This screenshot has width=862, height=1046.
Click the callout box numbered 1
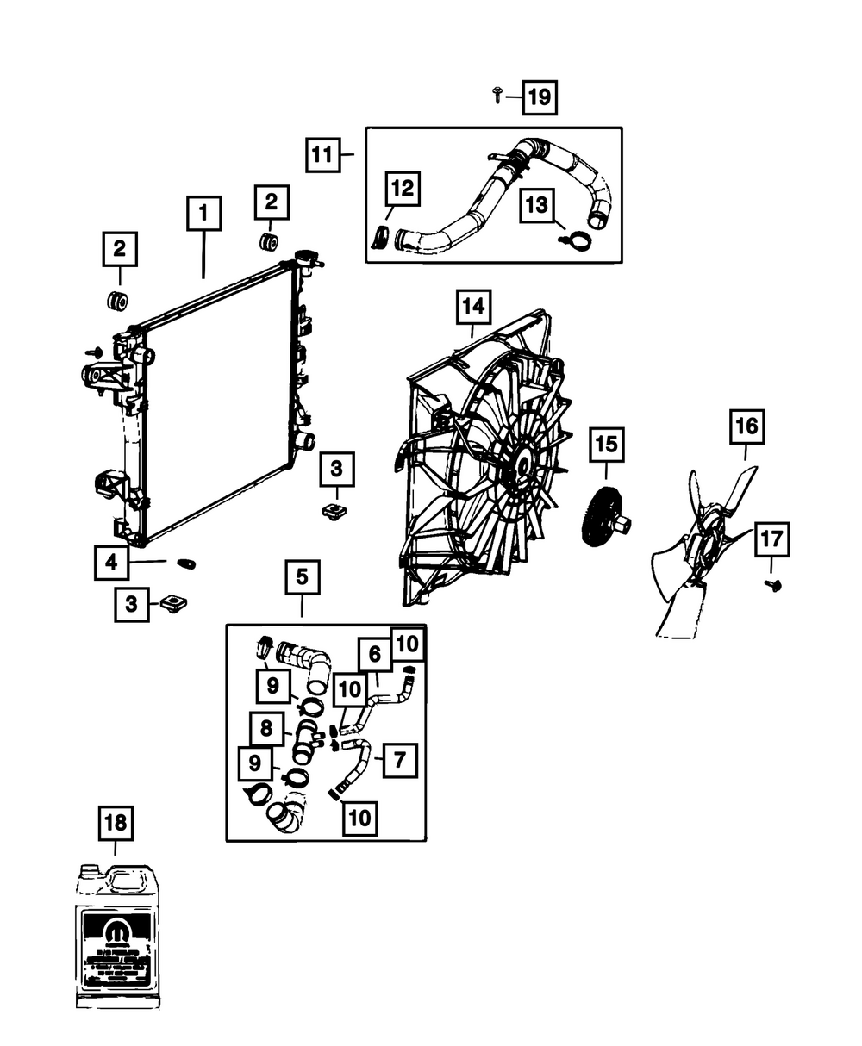click(x=203, y=213)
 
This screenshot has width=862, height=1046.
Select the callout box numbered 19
click(x=539, y=97)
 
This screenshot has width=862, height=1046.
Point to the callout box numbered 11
click(x=322, y=156)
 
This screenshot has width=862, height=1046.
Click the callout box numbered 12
click(x=403, y=189)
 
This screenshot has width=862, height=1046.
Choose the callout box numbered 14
click(x=473, y=306)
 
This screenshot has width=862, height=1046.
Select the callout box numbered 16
click(x=746, y=426)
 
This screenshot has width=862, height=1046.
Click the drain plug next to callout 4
click(x=185, y=563)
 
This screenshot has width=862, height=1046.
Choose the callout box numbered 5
click(x=302, y=577)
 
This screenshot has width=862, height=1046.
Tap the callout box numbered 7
click(x=399, y=760)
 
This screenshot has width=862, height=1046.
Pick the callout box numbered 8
click(x=267, y=728)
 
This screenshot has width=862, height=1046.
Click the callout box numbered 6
click(x=374, y=655)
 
